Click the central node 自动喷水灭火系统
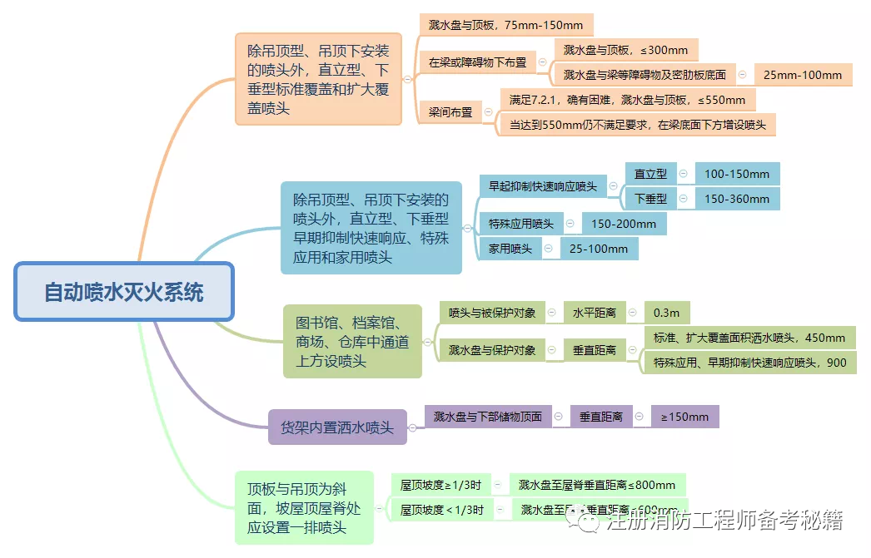pos(124,292)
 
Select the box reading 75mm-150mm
pos(506,25)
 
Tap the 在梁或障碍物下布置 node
pos(477,62)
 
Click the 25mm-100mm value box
pos(803,75)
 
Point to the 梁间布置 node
pos(450,112)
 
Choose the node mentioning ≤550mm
pos(628,100)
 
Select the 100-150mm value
pos(737,174)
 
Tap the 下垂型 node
pos(650,199)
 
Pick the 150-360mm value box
pos(737,199)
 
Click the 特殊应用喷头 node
pos(521,224)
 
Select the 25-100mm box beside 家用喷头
pos(599,249)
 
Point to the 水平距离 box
pos(594,313)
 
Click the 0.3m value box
pos(666,313)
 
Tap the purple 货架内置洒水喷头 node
pos(337,427)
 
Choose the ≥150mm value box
pos(684,417)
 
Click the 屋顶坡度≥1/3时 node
pos(440,485)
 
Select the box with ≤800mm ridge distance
pos(596,485)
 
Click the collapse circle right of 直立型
pos(683,174)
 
